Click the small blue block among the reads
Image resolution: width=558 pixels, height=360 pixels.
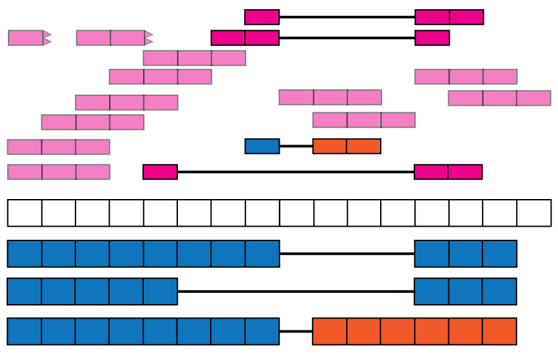262,146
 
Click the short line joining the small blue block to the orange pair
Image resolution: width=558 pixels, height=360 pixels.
295,146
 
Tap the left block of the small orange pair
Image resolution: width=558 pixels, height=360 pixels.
330,146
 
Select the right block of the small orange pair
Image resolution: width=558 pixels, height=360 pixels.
364,146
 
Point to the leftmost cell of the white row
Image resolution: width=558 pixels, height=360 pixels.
25,213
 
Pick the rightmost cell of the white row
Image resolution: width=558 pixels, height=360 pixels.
534,213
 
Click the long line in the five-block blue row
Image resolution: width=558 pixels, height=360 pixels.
295,291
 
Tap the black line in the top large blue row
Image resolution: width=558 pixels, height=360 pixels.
347,254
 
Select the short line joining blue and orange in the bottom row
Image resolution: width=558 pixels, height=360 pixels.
295,331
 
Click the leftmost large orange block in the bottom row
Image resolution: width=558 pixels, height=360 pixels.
330,331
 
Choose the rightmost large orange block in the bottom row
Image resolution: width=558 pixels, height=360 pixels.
500,331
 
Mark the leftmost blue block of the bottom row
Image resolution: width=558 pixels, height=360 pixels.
25,331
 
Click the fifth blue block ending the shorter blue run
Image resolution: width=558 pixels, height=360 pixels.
160,291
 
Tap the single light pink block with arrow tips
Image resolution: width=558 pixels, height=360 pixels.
26,38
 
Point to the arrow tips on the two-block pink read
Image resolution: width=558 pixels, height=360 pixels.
148,38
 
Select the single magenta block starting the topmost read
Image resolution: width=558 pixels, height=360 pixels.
262,17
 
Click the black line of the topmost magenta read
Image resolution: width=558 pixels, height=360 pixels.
347,17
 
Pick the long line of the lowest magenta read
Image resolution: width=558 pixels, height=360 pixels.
295,172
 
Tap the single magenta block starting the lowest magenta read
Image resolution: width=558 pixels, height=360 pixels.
160,172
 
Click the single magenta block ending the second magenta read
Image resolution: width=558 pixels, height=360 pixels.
432,38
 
